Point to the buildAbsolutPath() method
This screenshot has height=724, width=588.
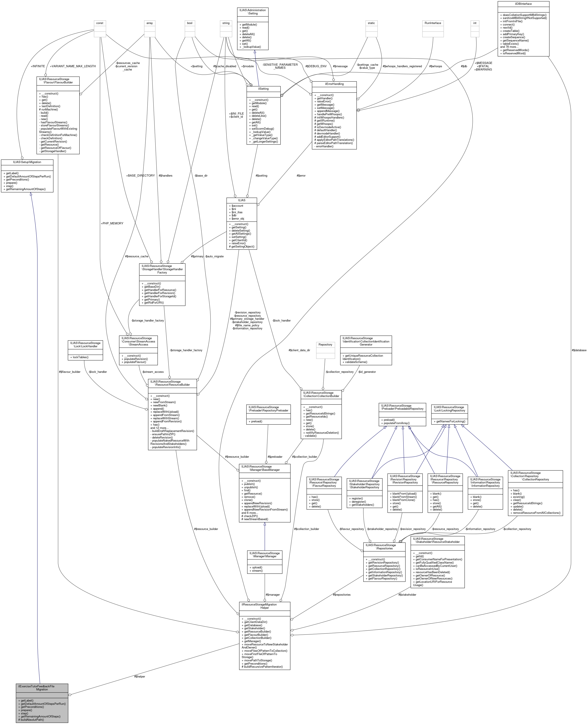[32, 720]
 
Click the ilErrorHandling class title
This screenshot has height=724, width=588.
[334, 84]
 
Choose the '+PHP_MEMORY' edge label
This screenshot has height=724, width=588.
[112, 224]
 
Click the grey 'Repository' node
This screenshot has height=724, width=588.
[325, 345]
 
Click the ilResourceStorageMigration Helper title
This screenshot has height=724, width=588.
[265, 606]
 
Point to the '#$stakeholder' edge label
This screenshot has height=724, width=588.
[407, 595]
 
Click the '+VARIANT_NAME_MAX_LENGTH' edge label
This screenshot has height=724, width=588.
[73, 66]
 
